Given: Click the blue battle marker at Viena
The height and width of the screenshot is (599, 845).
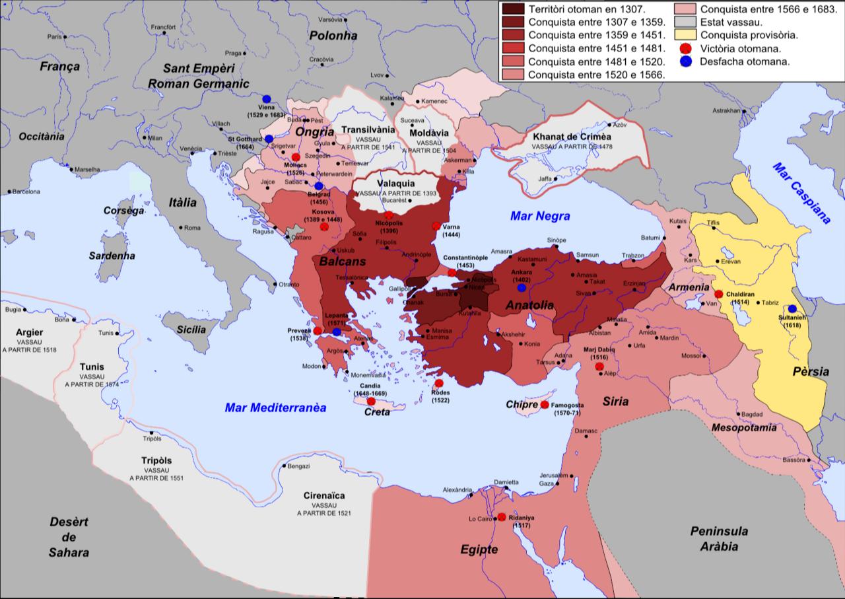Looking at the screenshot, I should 266,98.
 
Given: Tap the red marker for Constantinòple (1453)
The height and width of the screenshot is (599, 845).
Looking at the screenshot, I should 452,273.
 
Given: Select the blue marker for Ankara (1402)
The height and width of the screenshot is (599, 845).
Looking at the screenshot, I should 522,287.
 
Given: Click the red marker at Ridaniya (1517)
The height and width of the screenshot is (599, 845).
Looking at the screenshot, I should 502,517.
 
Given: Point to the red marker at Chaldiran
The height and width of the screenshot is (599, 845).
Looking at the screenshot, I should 719,294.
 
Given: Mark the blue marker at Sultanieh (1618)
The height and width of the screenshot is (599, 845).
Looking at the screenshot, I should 792,308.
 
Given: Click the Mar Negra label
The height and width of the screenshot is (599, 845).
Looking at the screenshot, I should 539,215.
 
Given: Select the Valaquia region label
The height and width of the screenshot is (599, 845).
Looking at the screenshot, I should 394,184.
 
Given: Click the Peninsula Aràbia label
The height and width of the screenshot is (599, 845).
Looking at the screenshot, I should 719,539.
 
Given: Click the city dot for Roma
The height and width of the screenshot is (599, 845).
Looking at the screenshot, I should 181,228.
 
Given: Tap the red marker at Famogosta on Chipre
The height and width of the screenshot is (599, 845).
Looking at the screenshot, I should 544,404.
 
